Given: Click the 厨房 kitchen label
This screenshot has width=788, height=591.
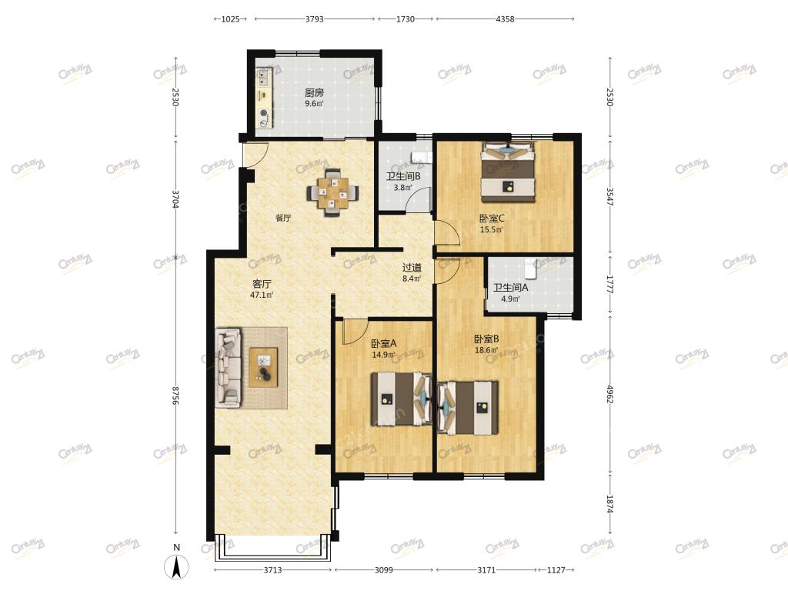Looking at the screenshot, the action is click(x=314, y=93).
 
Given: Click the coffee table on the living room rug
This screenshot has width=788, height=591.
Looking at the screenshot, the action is click(x=263, y=367).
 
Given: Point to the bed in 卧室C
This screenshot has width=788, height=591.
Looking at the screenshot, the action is click(x=508, y=172).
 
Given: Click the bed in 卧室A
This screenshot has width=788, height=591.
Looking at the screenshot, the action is click(x=401, y=399).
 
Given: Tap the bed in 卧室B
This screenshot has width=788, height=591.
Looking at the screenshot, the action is click(x=469, y=408).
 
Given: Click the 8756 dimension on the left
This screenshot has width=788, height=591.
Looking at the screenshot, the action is click(x=175, y=396).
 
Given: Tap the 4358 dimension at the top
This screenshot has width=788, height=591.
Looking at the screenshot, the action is click(x=505, y=19).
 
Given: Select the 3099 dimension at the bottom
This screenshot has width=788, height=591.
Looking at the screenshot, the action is click(x=384, y=570).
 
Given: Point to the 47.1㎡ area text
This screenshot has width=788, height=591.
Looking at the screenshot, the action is click(x=262, y=295).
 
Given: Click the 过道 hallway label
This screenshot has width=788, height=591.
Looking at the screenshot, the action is click(x=412, y=268).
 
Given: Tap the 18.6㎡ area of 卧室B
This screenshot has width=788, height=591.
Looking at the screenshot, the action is click(x=486, y=350).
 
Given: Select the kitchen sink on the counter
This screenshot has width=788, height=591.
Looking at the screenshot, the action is click(x=263, y=76).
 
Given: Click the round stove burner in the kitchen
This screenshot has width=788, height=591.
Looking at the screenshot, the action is click(x=263, y=113).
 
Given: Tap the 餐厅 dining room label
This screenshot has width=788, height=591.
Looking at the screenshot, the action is click(x=283, y=218).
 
